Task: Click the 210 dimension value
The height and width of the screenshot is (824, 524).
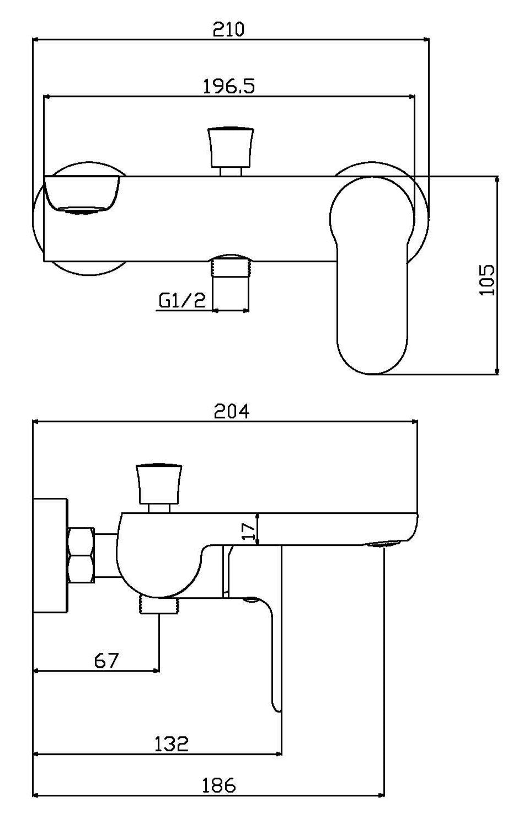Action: pos(228,29)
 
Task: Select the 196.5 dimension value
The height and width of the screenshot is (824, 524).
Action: pos(229,86)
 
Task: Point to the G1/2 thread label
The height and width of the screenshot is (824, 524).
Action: pos(182,301)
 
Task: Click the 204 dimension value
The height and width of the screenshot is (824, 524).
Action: pos(232,412)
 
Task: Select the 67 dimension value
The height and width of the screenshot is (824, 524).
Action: pos(106,660)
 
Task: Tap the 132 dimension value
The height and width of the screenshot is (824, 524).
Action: pos(170,743)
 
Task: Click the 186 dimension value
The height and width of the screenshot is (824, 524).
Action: pos(217,785)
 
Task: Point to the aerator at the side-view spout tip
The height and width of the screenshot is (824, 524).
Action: pos(383,545)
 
